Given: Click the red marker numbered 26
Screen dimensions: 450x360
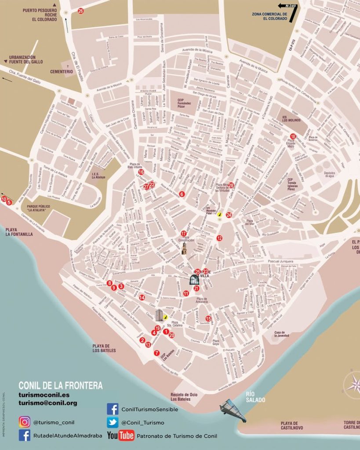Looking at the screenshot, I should click(80, 11).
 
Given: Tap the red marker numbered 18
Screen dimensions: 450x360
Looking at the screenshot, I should click(293, 136).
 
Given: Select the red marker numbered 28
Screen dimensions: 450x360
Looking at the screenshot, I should click(231, 185).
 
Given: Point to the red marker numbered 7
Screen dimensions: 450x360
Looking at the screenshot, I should click(157, 353).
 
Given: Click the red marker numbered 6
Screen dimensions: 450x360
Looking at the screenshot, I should click(182, 194).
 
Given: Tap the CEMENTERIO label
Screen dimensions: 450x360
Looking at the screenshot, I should click(61, 71).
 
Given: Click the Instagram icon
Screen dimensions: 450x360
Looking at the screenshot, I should click(25, 422).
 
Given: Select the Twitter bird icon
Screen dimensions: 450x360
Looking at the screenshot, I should click(113, 422).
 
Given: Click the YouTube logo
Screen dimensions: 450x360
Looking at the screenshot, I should click(120, 435).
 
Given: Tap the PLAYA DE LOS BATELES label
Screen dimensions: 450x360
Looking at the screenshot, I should click(104, 348).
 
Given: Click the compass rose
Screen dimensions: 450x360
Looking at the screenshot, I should click(353, 386).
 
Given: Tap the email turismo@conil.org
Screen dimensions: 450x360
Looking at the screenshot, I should click(47, 403).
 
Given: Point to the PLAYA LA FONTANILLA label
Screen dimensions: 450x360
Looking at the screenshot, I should click(19, 232).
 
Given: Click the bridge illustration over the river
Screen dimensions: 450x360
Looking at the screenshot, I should click(233, 411).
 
